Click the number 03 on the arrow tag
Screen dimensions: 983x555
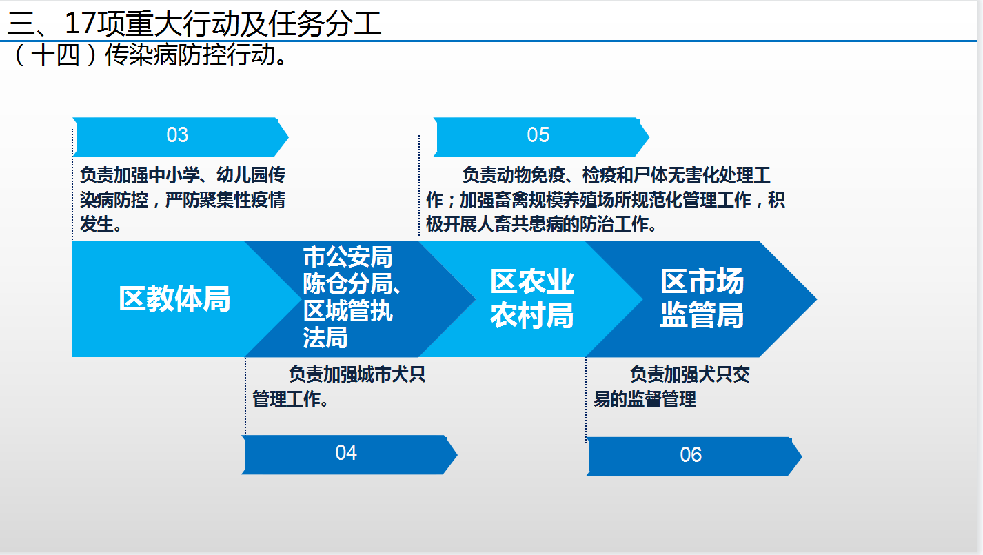(177, 134)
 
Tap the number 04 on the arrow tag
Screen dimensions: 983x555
(346, 453)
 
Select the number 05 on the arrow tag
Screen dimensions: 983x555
(538, 134)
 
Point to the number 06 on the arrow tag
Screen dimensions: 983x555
(691, 455)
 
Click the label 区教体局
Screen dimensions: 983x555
(174, 299)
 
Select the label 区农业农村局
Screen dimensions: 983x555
(532, 299)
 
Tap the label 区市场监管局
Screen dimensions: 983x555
(702, 298)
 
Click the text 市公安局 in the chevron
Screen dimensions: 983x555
(347, 257)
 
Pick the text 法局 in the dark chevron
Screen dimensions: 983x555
(325, 338)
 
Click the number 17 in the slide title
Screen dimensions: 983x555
(80, 23)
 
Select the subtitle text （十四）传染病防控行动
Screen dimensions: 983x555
(148, 55)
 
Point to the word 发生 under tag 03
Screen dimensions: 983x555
(97, 225)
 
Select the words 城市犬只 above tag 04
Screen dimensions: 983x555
(392, 374)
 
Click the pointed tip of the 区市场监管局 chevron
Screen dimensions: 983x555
(817, 299)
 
